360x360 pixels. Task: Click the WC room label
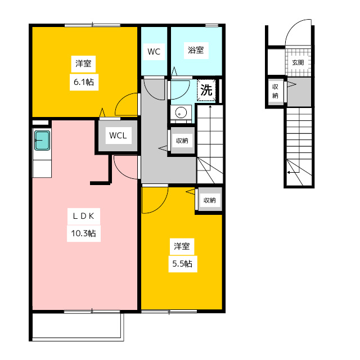[x=154, y=52]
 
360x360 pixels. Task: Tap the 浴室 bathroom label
[x=196, y=50]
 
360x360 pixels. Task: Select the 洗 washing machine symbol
[x=206, y=90]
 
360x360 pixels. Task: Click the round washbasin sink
[x=181, y=112]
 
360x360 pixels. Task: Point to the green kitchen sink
[x=42, y=140]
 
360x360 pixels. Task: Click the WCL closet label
[x=118, y=136]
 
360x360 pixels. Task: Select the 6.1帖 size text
[x=84, y=82]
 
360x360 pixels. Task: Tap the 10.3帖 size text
[x=84, y=233]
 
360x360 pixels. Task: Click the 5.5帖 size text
[x=182, y=264]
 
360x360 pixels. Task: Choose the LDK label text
[x=84, y=216]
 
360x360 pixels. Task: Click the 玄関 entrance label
[x=298, y=62]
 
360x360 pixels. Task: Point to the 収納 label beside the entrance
[x=275, y=91]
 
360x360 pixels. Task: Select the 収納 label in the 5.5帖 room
[x=210, y=200]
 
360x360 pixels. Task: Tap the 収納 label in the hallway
[x=182, y=141]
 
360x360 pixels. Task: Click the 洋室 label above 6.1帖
[x=83, y=64]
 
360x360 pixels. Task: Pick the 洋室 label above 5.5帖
[x=182, y=246]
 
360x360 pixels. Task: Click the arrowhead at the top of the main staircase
[x=210, y=106]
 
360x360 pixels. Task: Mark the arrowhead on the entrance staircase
[x=289, y=172]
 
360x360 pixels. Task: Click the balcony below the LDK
[x=76, y=326]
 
